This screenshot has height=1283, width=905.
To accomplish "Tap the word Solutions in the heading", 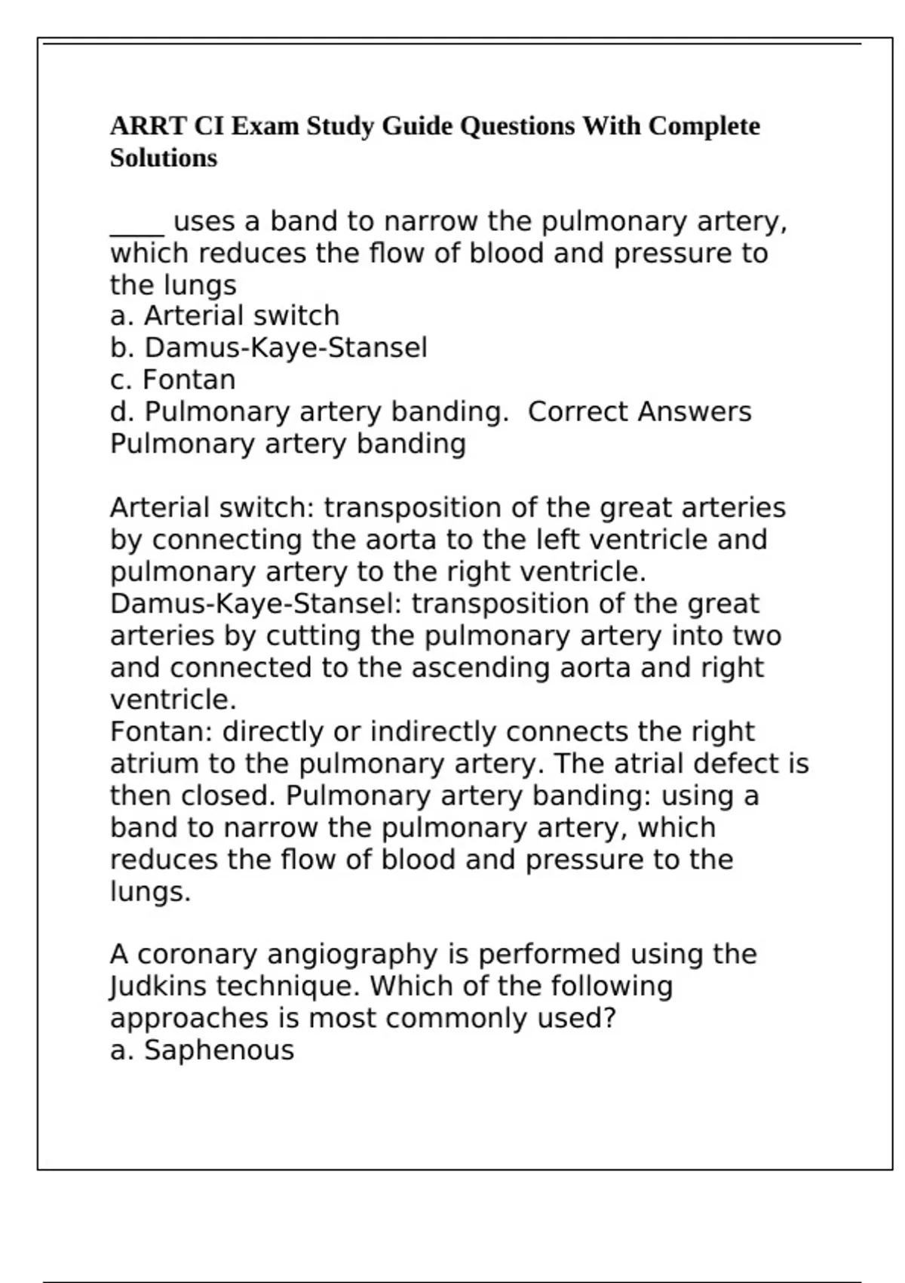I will [x=164, y=158].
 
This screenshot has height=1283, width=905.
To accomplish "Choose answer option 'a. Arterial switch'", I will [x=225, y=315].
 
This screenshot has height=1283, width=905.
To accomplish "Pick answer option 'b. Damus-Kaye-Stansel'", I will [x=268, y=348].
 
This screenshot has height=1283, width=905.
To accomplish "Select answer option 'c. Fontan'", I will [x=173, y=380].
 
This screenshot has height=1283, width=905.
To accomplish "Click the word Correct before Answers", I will [x=578, y=412].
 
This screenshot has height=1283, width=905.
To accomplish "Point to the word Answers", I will [x=694, y=412].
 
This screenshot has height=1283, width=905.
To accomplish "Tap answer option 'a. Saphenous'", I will [x=202, y=1051].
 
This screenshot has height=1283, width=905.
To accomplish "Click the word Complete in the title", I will [x=704, y=126].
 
